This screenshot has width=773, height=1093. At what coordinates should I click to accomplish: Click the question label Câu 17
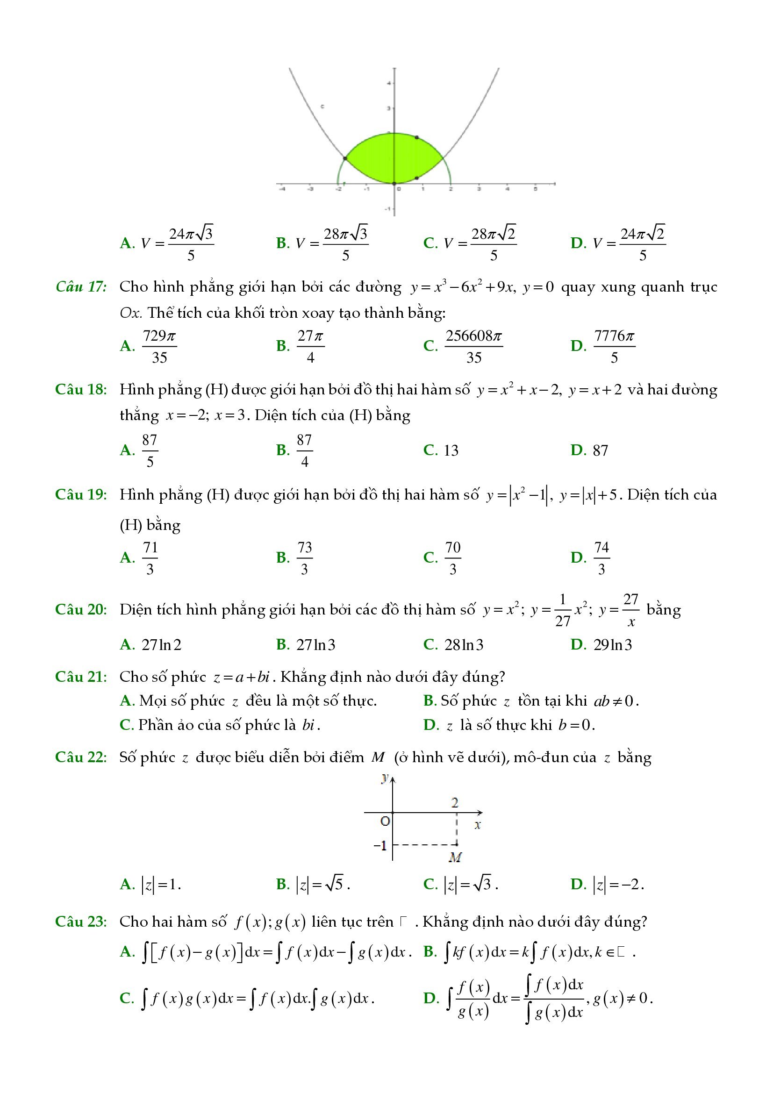[81, 286]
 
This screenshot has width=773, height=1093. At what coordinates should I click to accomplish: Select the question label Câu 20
[81, 609]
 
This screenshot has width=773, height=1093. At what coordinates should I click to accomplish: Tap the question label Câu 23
[81, 921]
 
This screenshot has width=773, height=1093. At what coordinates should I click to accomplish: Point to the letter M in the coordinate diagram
[455, 857]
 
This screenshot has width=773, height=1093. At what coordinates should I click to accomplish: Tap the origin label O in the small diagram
[385, 821]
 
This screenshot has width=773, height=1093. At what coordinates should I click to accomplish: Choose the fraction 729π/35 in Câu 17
[159, 346]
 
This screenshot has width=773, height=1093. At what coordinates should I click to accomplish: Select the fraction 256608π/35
[473, 346]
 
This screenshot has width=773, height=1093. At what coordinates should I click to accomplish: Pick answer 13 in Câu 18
[451, 450]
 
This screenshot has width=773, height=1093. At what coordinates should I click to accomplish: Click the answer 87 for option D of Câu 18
[600, 450]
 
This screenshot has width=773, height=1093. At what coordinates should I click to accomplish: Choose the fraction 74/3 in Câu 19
[601, 557]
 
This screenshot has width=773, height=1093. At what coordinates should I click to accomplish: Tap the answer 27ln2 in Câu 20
[161, 644]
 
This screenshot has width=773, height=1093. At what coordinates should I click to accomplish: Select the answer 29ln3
[613, 644]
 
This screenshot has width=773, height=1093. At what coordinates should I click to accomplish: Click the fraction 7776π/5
[614, 346]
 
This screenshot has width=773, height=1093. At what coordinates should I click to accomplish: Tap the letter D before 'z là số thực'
[430, 725]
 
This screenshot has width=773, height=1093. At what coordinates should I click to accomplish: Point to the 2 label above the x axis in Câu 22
[455, 803]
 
